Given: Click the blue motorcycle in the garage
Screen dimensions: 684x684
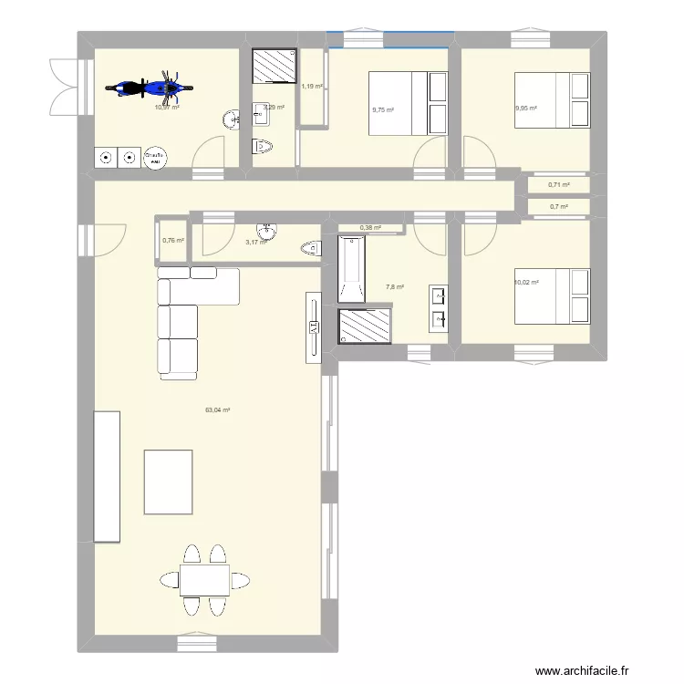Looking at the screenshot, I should pos(150,88).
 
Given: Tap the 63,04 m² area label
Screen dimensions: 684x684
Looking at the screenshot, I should pos(218,409).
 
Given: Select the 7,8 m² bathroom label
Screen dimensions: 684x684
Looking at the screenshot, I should pos(395,287).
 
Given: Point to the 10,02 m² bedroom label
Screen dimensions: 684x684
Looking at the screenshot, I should pos(526,283).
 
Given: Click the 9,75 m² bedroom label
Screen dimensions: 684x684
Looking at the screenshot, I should pos(382,110).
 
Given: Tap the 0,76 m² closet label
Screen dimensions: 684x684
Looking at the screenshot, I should pos(173,241).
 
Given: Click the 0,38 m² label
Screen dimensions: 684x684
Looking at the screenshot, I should pos(370,228).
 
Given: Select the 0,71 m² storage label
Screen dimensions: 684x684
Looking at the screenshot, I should pos(558,185).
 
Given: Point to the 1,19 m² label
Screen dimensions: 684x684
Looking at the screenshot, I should pos(313,87).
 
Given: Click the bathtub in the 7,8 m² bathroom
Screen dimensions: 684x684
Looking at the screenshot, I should pos(351,268).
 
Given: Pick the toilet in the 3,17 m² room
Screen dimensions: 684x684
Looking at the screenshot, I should pos(310,247).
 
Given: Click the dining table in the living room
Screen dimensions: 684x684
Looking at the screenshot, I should pos(204,580).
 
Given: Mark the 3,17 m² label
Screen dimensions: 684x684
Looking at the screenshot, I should pos(256,242).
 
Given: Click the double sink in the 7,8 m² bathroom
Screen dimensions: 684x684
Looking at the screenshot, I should pos(439,306).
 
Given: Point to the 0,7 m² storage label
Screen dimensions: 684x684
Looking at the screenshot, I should pos(558,207).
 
